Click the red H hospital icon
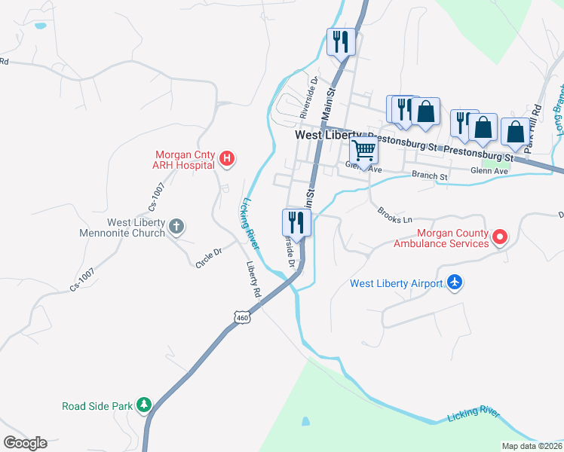pyautogui.click(x=227, y=158)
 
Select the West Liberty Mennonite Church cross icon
pyautogui.click(x=176, y=226)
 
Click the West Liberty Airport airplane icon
pyautogui.click(x=454, y=282)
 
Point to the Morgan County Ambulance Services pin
pyautogui.click(x=498, y=238)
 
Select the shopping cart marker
pyautogui.click(x=364, y=150)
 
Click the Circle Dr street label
pyautogui.click(x=208, y=258)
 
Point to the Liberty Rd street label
pyautogui.click(x=253, y=279)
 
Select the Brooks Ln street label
pyautogui.click(x=395, y=215)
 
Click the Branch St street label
pyautogui.click(x=430, y=176)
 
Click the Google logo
pyautogui.click(x=25, y=443)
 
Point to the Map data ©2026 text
pyautogui.click(x=532, y=446)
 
